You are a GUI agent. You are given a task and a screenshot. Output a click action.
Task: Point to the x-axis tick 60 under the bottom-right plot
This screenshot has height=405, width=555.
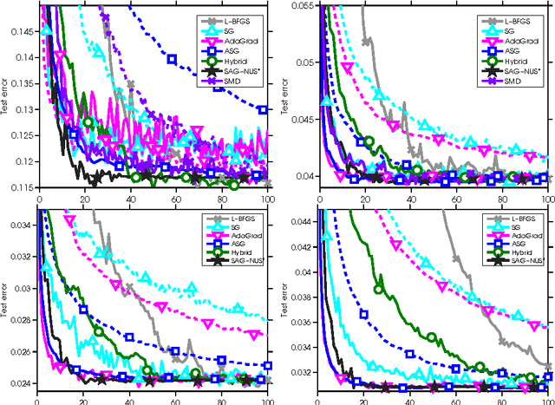point(456,400)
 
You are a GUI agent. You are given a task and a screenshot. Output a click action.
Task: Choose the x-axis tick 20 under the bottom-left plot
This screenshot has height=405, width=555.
point(83,400)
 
